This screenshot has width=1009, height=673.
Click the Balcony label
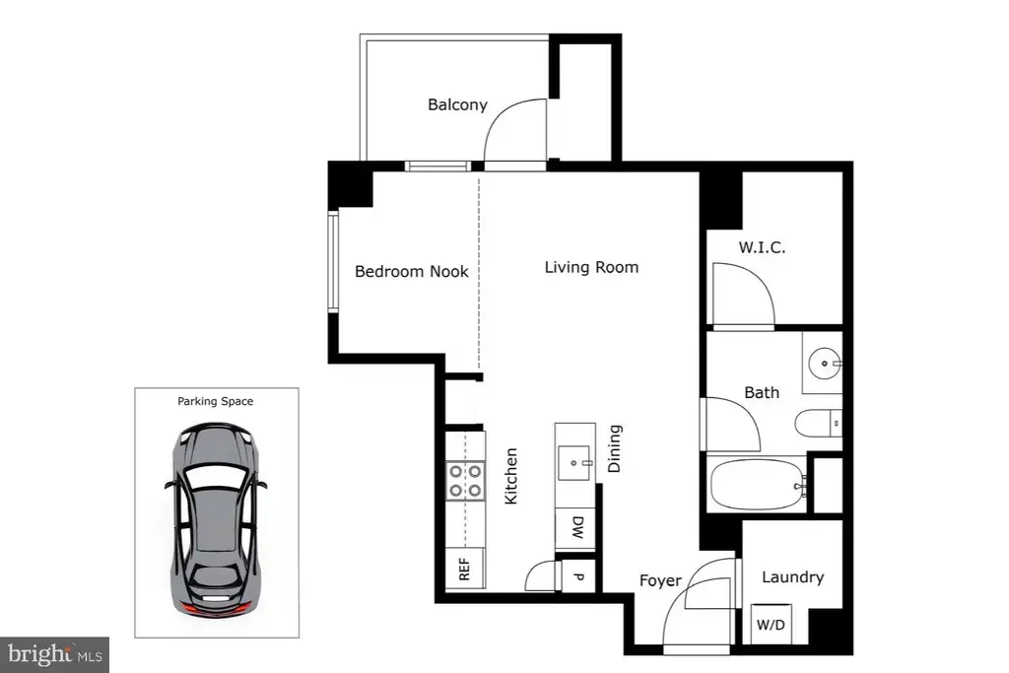coord(457,104)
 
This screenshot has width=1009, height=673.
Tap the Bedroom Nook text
coord(412,272)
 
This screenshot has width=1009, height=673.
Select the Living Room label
coord(591,267)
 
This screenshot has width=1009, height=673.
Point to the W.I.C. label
coord(762,247)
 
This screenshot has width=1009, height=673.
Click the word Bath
coord(762,392)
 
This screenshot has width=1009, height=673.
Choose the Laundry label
coord(793,577)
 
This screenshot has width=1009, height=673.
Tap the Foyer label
coord(660,580)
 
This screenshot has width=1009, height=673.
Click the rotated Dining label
coord(615,448)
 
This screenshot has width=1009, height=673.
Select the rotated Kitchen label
coord(511,476)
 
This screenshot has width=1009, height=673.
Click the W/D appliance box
coord(771,624)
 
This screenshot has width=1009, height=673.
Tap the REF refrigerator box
coord(465,569)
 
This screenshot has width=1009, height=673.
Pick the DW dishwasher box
coord(575,529)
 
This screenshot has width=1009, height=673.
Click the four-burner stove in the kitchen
coord(465,481)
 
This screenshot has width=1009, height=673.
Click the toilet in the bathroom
coord(818,424)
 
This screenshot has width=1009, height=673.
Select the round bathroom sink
coord(825,364)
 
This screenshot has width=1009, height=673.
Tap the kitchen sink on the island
coord(575,462)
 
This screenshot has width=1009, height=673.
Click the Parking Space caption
coord(216,401)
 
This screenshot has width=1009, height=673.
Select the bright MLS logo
coord(55,655)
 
